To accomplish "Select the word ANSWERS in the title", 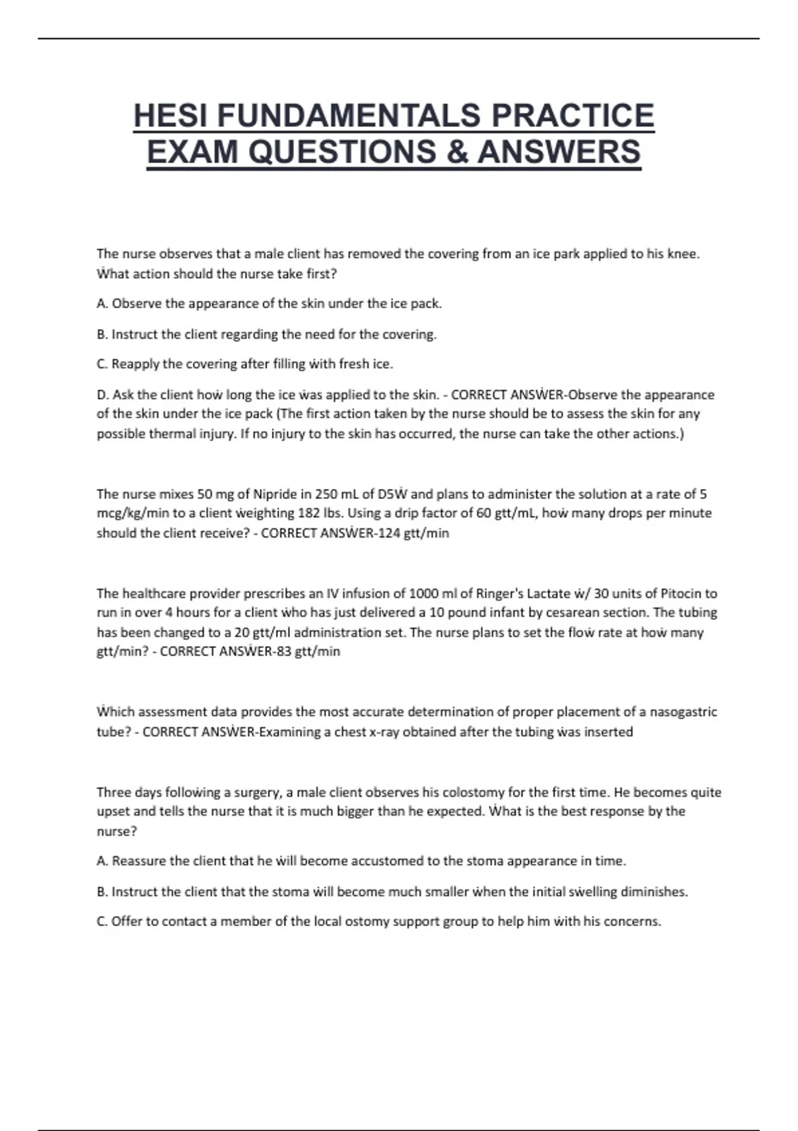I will pyautogui.click(x=559, y=152).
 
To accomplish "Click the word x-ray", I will pyautogui.click(x=386, y=732).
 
